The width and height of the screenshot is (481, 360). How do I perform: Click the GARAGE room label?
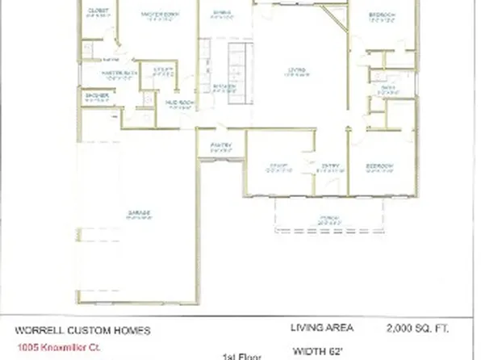[139, 213]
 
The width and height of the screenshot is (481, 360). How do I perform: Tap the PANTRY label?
[221, 145]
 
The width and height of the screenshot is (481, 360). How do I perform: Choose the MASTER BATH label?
[117, 74]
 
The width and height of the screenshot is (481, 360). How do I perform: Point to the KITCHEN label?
[224, 86]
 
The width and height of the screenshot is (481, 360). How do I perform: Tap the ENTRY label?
[331, 167]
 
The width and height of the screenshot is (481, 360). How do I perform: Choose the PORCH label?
[328, 217]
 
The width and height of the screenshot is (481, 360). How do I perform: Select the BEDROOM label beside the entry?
[379, 166]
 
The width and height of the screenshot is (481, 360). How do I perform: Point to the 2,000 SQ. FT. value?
[418, 328]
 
